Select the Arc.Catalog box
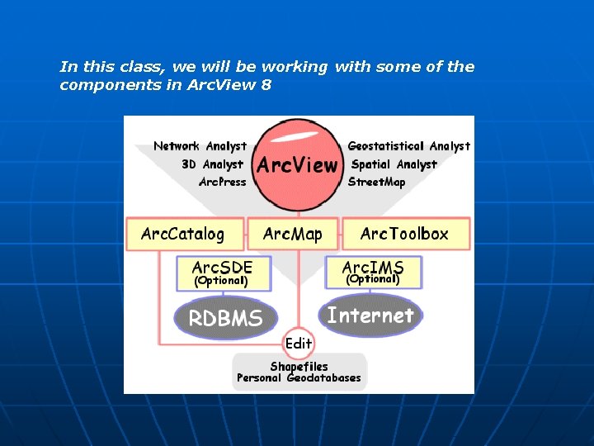pos(182,234)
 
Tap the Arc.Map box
pos(293,234)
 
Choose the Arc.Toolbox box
pos(404,234)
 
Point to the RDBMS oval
pos(226,319)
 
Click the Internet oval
pos(370,315)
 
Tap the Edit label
pos(299,344)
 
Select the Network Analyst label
pos(200,146)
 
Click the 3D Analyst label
pos(212,164)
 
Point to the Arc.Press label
pos(222,182)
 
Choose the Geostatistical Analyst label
pos(409,146)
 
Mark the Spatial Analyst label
pos(394,164)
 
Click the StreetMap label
pos(377,182)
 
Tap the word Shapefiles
pos(299,366)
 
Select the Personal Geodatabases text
pos(299,378)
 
